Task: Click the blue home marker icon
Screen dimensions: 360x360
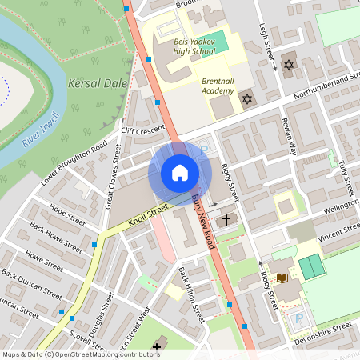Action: point(180,173)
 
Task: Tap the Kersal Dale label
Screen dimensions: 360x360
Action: point(98,83)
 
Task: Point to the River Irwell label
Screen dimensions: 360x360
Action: point(42,128)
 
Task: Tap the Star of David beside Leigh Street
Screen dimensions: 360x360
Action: point(289,64)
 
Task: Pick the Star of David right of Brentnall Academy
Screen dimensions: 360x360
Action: point(247,100)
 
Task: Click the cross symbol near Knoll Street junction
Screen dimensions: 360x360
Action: point(226,218)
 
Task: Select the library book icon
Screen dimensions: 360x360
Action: point(282,278)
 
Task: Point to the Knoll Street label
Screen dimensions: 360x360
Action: point(146,212)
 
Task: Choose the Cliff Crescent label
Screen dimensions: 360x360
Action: point(142,130)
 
